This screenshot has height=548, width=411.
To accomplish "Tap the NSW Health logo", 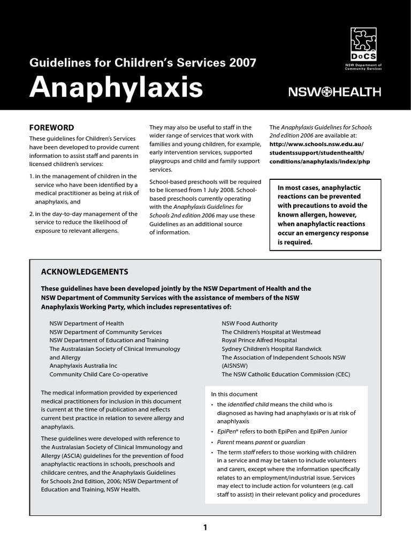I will pyautogui.click(x=334, y=92).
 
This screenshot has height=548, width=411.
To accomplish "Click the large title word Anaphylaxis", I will pyautogui.click(x=116, y=87).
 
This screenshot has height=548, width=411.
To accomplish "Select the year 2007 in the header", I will pyautogui.click(x=242, y=63).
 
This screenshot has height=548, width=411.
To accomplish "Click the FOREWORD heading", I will pyautogui.click(x=51, y=127).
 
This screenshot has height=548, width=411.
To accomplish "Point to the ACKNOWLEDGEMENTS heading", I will pyautogui.click(x=85, y=271).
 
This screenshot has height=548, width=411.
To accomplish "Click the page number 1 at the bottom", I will pyautogui.click(x=205, y=528).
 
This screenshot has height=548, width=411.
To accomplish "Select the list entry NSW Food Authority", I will pyautogui.click(x=249, y=323).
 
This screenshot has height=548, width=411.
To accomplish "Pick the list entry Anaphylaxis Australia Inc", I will pyautogui.click(x=83, y=366).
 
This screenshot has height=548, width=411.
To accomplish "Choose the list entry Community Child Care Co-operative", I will pyautogui.click(x=98, y=375).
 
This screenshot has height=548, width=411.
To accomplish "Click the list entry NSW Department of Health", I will pyautogui.click(x=86, y=323).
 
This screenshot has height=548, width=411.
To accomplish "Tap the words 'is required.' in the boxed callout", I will pyautogui.click(x=294, y=242).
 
